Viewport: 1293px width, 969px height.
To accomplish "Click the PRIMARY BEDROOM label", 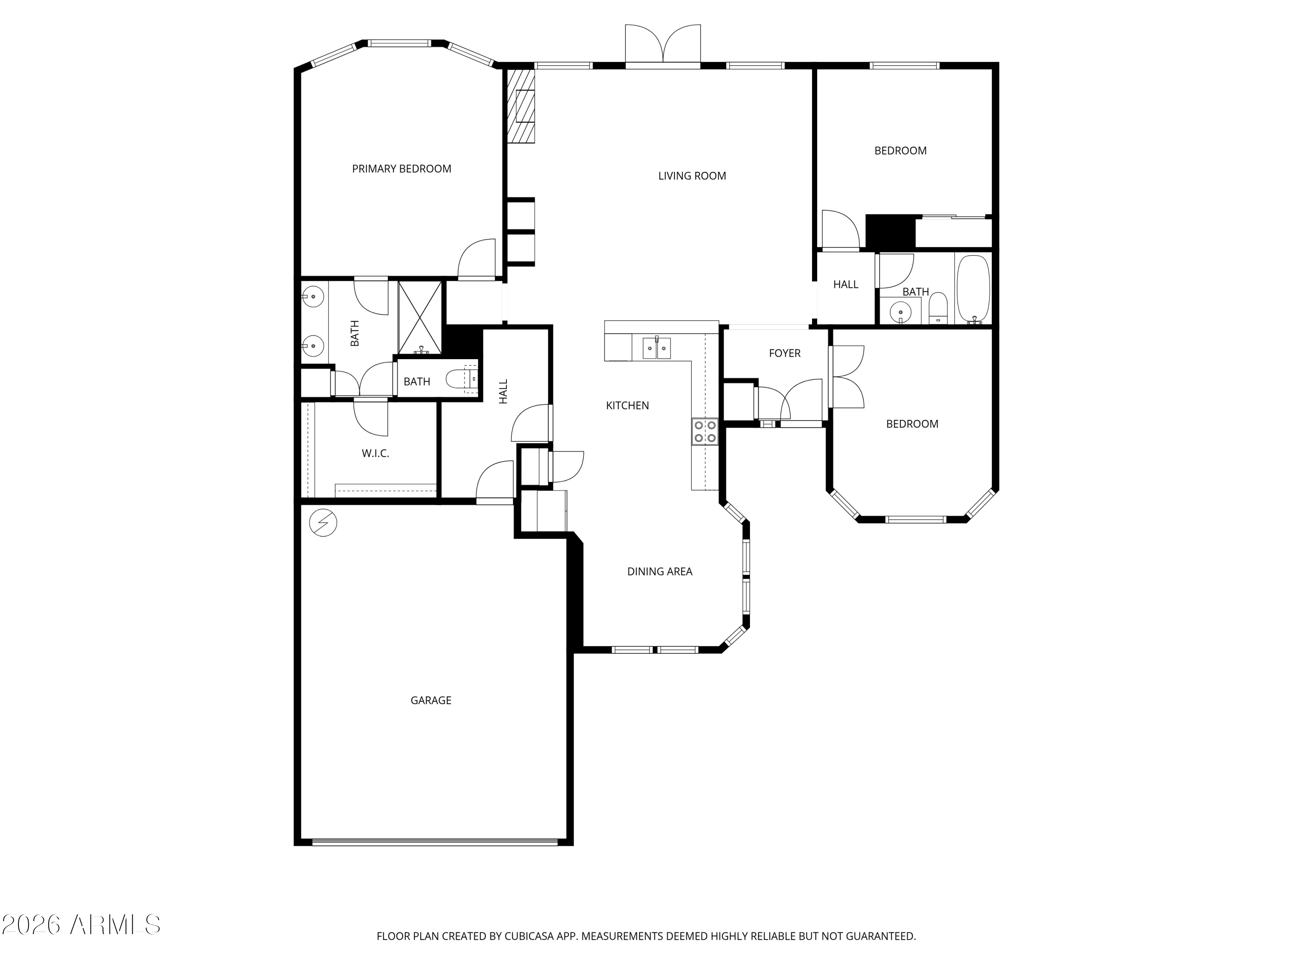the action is [402, 169].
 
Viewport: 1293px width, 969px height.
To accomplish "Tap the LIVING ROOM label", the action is [692, 176].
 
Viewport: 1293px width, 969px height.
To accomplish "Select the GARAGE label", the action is [431, 700].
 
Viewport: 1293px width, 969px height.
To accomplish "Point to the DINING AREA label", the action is [660, 572].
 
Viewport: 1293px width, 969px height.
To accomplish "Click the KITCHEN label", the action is [627, 405].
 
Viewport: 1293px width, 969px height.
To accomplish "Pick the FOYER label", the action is [784, 354].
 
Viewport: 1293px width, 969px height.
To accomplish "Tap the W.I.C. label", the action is [375, 453].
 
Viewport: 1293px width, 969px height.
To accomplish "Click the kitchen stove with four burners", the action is [705, 432].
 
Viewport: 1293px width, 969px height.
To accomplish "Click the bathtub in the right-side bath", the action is [973, 289].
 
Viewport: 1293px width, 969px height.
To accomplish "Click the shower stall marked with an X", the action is [420, 318].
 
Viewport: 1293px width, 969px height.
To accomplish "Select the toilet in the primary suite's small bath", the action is [462, 380].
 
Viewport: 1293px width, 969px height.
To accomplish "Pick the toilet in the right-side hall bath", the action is [938, 308].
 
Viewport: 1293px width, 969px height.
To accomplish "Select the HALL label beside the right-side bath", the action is [846, 284].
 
